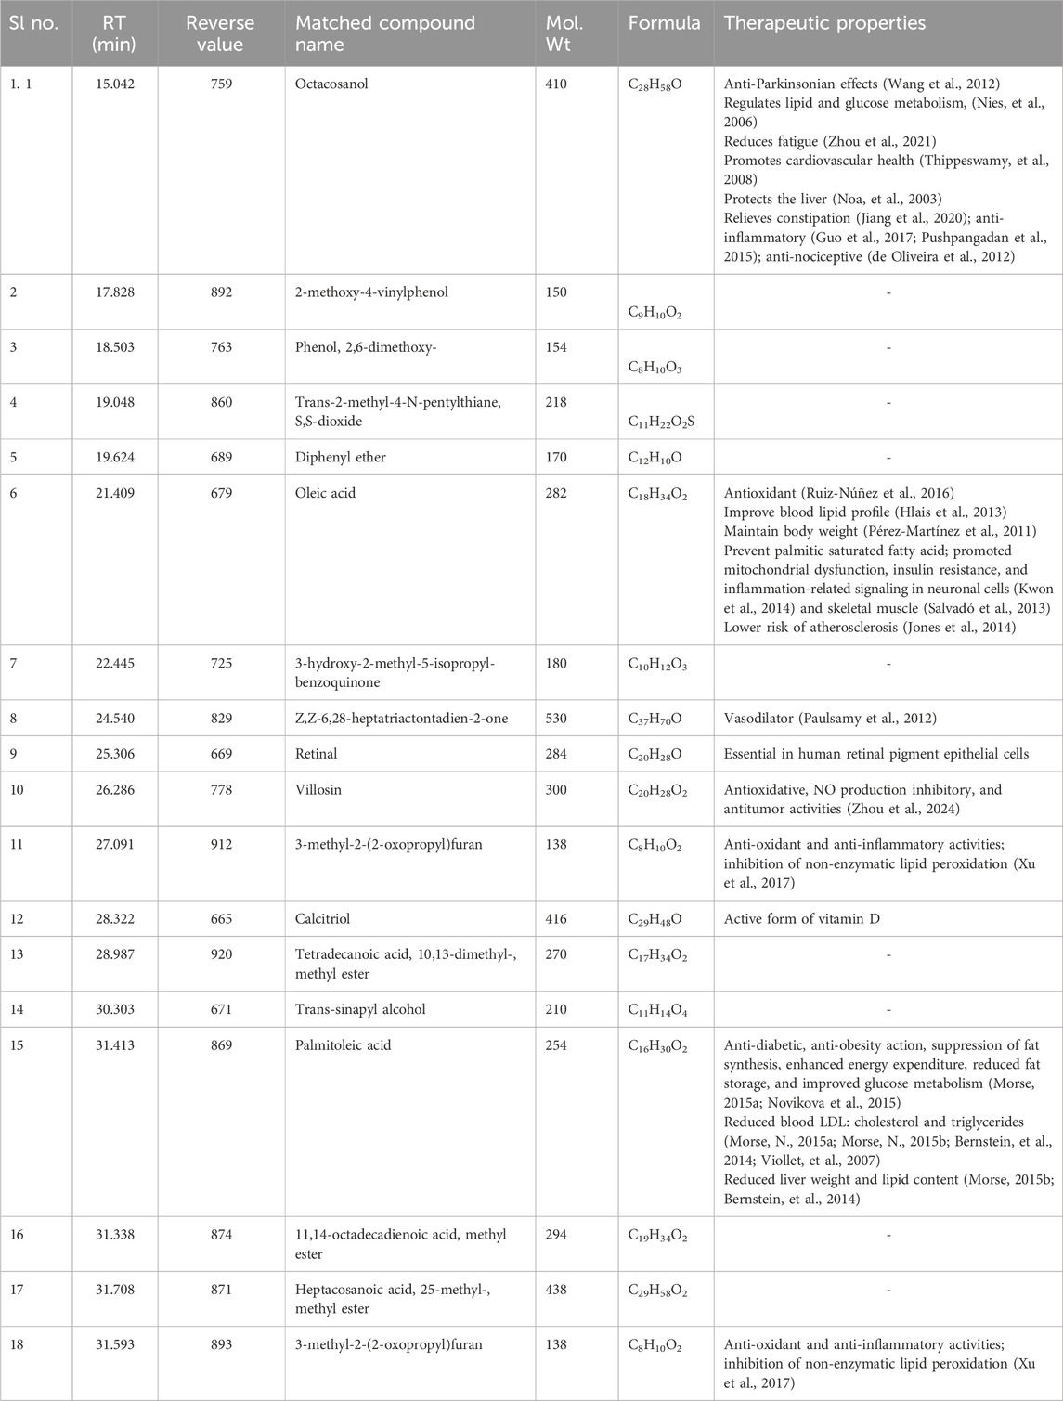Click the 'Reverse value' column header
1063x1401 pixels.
click(220, 32)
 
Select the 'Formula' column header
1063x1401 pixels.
click(664, 23)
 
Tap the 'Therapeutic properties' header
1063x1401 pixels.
click(824, 23)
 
